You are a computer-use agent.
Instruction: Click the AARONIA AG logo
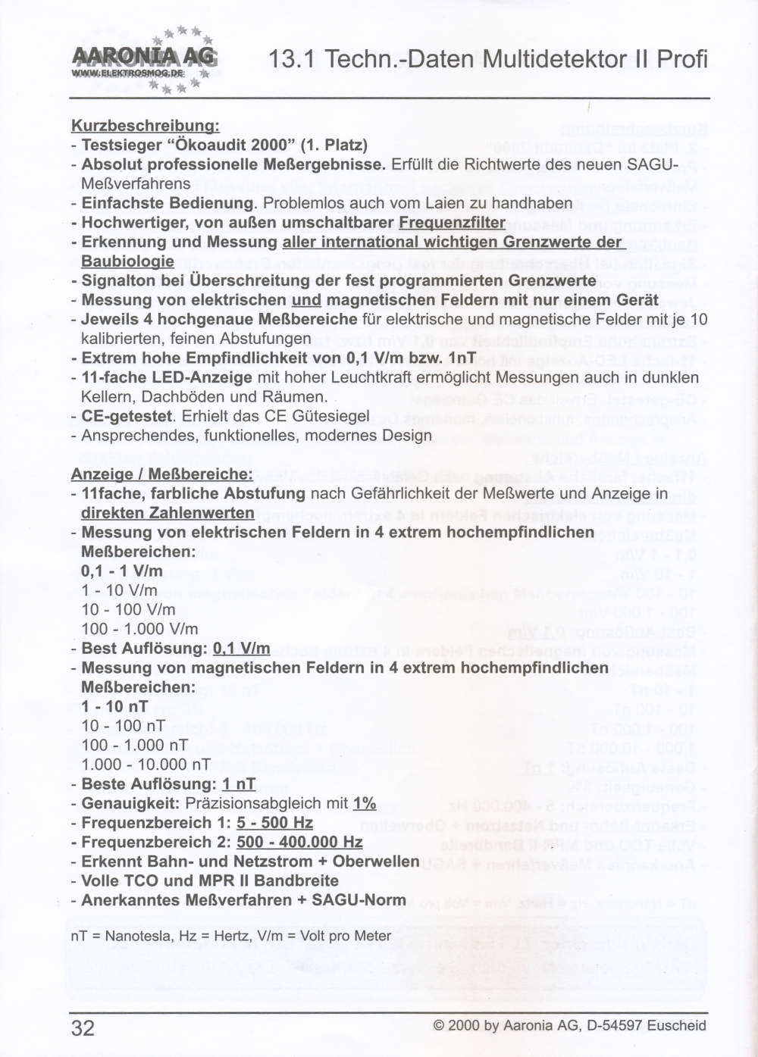[x=144, y=59]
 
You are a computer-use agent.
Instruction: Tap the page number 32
[x=83, y=1027]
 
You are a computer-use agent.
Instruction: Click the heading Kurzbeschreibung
[x=145, y=125]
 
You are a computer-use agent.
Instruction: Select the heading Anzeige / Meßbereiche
[x=161, y=474]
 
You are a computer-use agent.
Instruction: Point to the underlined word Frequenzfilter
[x=452, y=222]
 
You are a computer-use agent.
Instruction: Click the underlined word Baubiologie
[x=127, y=261]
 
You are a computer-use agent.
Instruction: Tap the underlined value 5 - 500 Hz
[x=274, y=822]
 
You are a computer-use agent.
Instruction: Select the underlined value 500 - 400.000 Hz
[x=299, y=842]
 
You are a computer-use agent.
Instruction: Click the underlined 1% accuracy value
[x=365, y=803]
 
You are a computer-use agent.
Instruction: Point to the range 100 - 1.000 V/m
[x=139, y=629]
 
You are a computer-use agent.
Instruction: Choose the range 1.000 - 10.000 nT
[x=146, y=765]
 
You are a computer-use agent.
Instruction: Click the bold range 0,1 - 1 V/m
[x=121, y=571]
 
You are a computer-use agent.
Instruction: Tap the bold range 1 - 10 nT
[x=114, y=706]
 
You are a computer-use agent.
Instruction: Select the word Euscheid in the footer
[x=677, y=1026]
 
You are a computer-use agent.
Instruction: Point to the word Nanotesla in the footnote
[x=137, y=936]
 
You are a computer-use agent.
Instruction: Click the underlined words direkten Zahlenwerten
[x=168, y=513]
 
